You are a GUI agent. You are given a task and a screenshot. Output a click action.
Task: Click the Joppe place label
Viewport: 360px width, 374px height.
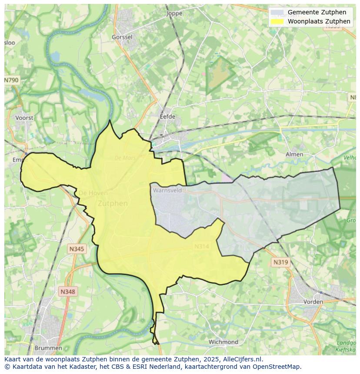[174, 13]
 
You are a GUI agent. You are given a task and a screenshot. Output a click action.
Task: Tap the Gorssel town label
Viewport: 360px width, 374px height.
[122, 37]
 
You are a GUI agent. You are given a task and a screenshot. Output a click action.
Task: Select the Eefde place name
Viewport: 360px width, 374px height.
[167, 116]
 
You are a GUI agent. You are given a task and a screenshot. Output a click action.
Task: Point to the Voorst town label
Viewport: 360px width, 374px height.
[24, 118]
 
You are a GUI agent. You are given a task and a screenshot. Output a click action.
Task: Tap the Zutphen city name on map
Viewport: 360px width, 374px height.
[113, 203]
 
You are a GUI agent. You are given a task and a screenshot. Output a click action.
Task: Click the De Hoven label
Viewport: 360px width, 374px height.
[93, 193]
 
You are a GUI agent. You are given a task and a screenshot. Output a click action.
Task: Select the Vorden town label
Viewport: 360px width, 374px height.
[313, 301]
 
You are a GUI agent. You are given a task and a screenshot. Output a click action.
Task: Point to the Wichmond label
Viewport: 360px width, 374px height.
[223, 342]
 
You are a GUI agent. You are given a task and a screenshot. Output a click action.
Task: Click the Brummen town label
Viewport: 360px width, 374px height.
[48, 348]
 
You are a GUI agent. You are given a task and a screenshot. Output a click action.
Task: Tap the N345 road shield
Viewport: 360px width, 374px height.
[77, 249]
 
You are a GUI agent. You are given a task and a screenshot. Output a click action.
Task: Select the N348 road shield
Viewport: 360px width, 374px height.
[67, 292]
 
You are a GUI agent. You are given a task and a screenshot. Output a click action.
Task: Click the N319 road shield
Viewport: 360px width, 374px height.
[280, 262]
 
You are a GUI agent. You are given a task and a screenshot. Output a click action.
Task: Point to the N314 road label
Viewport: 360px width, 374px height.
[201, 246]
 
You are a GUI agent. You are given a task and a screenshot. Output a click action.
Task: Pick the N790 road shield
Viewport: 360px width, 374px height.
[11, 80]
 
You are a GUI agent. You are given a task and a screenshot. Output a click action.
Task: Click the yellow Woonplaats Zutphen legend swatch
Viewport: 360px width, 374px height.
[277, 21]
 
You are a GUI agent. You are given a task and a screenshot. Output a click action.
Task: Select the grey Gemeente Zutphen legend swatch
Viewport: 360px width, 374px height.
[277, 12]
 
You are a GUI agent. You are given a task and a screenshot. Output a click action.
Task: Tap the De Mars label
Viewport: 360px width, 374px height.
[125, 158]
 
